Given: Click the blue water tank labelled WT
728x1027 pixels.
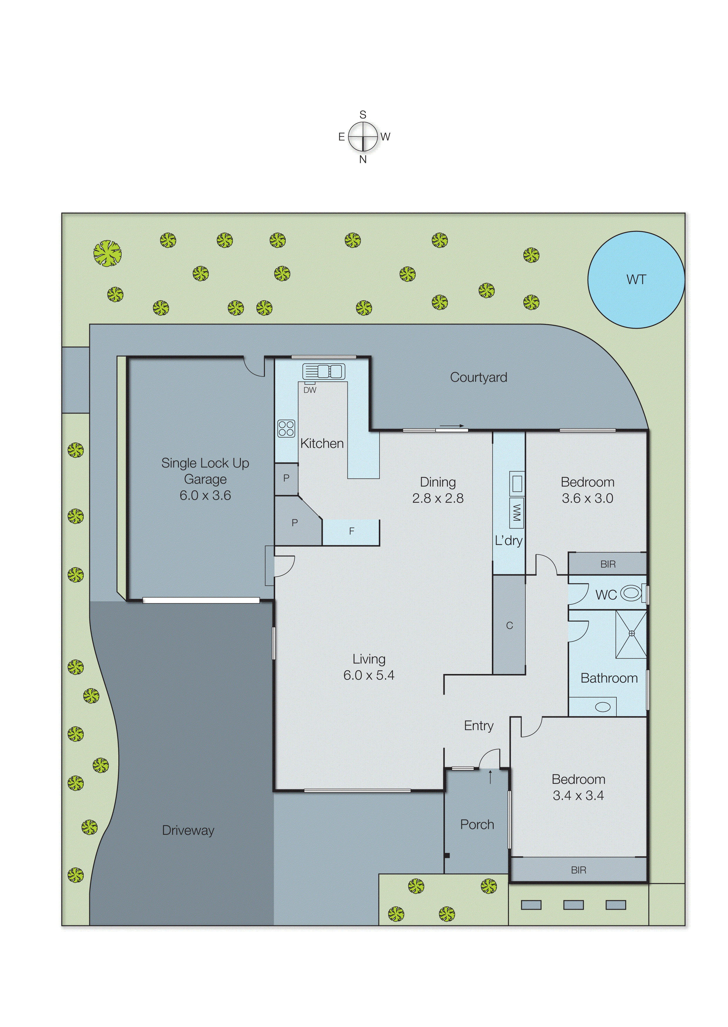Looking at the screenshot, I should pyautogui.click(x=636, y=280).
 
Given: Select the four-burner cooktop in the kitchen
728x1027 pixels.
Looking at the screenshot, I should pyautogui.click(x=286, y=428).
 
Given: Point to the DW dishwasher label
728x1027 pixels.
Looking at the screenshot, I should pyautogui.click(x=310, y=390).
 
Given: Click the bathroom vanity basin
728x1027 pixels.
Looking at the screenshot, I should pyautogui.click(x=603, y=707).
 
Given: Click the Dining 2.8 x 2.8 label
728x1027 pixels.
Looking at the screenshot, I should pyautogui.click(x=438, y=490).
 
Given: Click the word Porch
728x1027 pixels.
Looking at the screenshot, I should pyautogui.click(x=477, y=825).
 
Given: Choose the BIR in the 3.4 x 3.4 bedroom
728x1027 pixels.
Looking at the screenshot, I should pyautogui.click(x=578, y=870).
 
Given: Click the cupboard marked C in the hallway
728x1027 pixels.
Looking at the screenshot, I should pyautogui.click(x=509, y=625).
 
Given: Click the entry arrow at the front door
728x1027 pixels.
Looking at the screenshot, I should pyautogui.click(x=490, y=777).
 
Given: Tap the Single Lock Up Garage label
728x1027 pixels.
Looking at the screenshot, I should pyautogui.click(x=205, y=479).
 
